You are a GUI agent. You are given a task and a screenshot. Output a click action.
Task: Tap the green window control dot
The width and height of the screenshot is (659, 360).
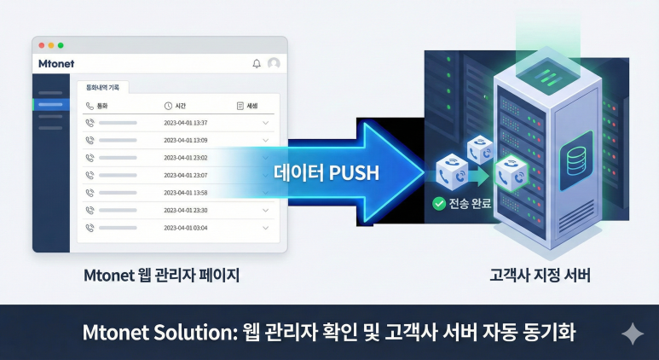61,44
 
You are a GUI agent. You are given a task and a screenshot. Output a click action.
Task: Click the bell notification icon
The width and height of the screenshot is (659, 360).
257,63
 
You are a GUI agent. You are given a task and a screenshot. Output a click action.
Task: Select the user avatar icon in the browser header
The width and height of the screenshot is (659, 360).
274,63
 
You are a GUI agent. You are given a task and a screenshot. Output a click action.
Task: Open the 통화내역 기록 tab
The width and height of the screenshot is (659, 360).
102,87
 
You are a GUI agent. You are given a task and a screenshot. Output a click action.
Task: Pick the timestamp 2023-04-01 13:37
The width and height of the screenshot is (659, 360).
186,123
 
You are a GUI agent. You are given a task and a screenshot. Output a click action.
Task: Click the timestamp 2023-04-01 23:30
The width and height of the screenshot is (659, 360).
186,210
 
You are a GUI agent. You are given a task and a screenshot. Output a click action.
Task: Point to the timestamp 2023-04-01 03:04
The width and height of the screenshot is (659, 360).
186,228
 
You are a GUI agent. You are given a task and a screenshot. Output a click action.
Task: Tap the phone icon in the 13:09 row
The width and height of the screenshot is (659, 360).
90,140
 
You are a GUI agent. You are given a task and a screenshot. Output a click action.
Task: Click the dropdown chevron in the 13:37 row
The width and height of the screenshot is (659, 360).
266,123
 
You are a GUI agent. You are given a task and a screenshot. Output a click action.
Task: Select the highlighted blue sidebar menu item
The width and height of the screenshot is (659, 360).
51,104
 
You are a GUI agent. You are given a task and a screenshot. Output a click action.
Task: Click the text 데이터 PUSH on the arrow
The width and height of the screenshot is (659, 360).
327,171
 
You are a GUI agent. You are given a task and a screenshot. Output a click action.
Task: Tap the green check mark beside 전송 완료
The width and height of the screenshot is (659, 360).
439,203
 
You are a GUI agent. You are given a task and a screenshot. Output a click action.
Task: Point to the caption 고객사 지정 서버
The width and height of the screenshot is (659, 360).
540,276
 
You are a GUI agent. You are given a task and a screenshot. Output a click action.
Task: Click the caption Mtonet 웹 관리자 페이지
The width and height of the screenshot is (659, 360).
159,276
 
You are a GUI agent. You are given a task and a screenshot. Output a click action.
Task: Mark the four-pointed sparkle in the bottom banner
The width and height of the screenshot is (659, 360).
633,333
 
